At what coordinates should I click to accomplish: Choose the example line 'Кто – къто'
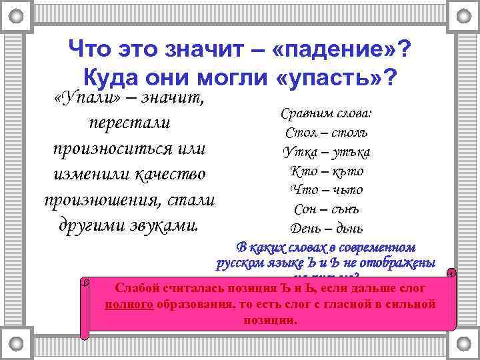327,171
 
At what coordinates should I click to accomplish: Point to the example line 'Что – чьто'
327,190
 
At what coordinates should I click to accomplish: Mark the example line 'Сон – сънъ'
327,209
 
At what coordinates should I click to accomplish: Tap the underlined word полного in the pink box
130,304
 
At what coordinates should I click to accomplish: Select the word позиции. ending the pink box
266,320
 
